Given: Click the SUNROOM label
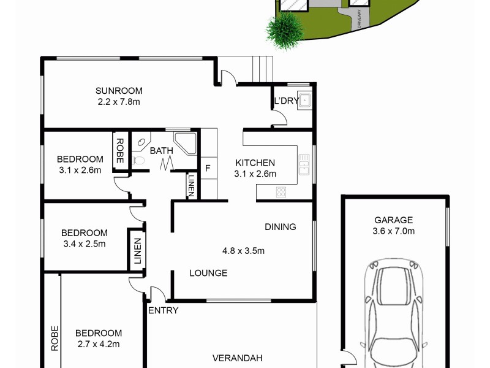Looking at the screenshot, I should point(119,90).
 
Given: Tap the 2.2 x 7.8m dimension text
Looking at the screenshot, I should point(119,101).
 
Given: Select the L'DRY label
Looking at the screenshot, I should point(285,101).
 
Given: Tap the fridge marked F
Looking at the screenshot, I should point(208,168).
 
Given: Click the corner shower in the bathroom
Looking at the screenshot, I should point(184,142).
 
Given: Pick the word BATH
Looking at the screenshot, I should point(162,150).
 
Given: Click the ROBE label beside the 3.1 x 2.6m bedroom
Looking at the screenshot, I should point(119,151).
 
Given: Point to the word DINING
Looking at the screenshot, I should point(280,227).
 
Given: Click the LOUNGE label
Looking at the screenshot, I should point(208,273).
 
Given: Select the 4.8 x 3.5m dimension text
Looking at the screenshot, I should point(243,250).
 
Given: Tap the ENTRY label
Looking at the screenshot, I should point(164,310).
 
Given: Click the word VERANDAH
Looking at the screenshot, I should point(238,358).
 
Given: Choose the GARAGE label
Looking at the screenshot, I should point(393,220).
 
